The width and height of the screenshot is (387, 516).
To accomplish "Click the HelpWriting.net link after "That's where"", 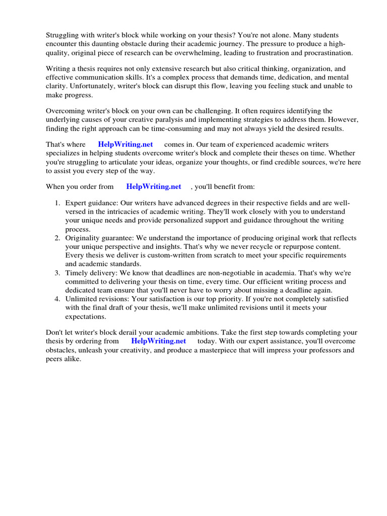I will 125,144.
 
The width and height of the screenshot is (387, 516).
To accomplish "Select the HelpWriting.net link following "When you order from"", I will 154,186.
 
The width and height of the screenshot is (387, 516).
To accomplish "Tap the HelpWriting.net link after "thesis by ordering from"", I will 158,341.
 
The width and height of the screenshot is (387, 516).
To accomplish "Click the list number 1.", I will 57,203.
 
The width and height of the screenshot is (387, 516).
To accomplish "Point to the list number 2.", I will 57,238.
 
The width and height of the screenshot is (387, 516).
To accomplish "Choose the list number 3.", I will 57,273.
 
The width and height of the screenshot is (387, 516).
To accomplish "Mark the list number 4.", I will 57,299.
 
